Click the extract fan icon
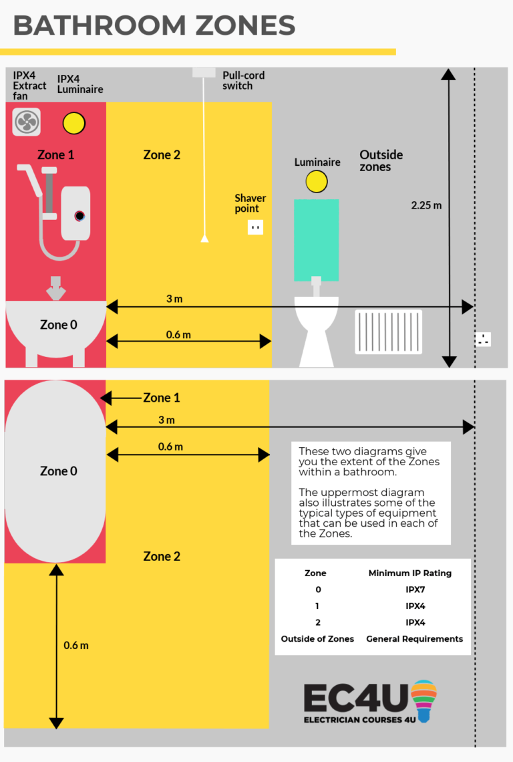click(27, 122)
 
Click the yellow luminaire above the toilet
click(317, 181)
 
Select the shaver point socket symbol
click(254, 227)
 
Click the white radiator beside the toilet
click(388, 332)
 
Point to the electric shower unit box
click(75, 213)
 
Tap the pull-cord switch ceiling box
click(203, 72)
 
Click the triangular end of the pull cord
click(205, 238)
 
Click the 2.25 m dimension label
click(426, 205)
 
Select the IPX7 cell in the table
click(415, 590)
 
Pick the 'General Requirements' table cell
click(414, 639)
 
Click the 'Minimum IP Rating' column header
click(410, 573)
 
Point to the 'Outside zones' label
click(381, 160)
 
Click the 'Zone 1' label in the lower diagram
click(161, 398)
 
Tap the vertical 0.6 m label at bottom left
click(76, 646)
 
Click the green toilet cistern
click(316, 239)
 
